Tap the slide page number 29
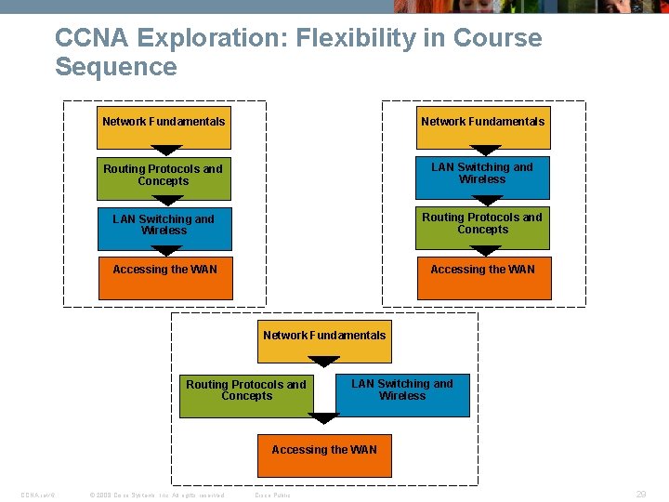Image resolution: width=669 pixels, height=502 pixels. coord(641,495)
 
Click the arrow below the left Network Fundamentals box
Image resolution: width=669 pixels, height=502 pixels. coord(166,150)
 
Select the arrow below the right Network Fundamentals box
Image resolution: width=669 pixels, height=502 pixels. coord(485,150)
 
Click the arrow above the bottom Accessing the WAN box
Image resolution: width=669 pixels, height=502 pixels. coord(323,419)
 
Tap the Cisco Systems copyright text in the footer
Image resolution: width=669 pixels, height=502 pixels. coord(155,495)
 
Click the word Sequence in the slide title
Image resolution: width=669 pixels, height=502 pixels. coord(115,67)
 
